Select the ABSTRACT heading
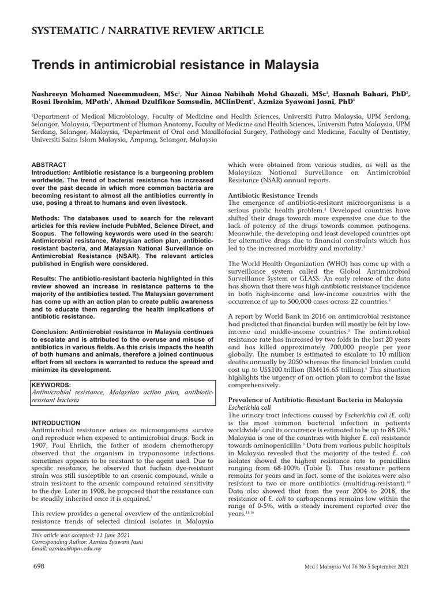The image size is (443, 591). coord(49,164)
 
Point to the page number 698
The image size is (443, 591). coord(39,568)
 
